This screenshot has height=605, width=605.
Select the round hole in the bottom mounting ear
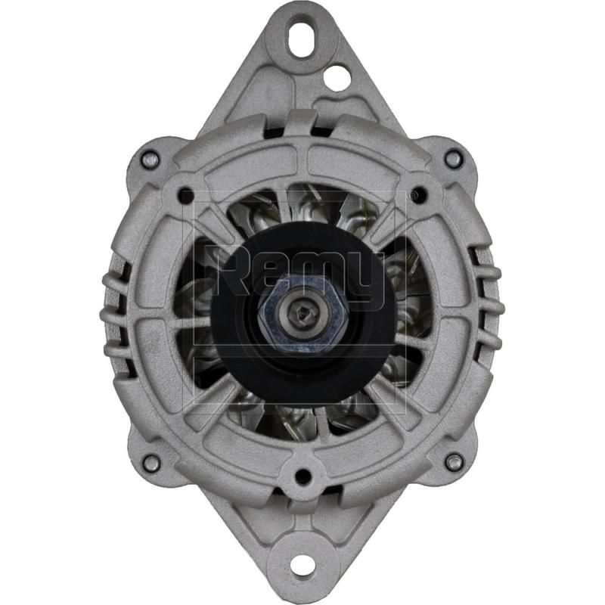pos(302,563)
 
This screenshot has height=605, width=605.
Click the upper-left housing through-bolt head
pos(150,159)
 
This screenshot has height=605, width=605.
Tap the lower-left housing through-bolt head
pos(151,462)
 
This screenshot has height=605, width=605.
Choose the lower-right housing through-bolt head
pos(454,462)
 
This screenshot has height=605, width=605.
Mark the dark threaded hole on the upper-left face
pos(185,197)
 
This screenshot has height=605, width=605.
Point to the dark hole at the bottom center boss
pos(302,476)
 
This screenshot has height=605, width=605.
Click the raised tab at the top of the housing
pos(301,121)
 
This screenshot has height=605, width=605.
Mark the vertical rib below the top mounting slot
pos(301,83)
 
